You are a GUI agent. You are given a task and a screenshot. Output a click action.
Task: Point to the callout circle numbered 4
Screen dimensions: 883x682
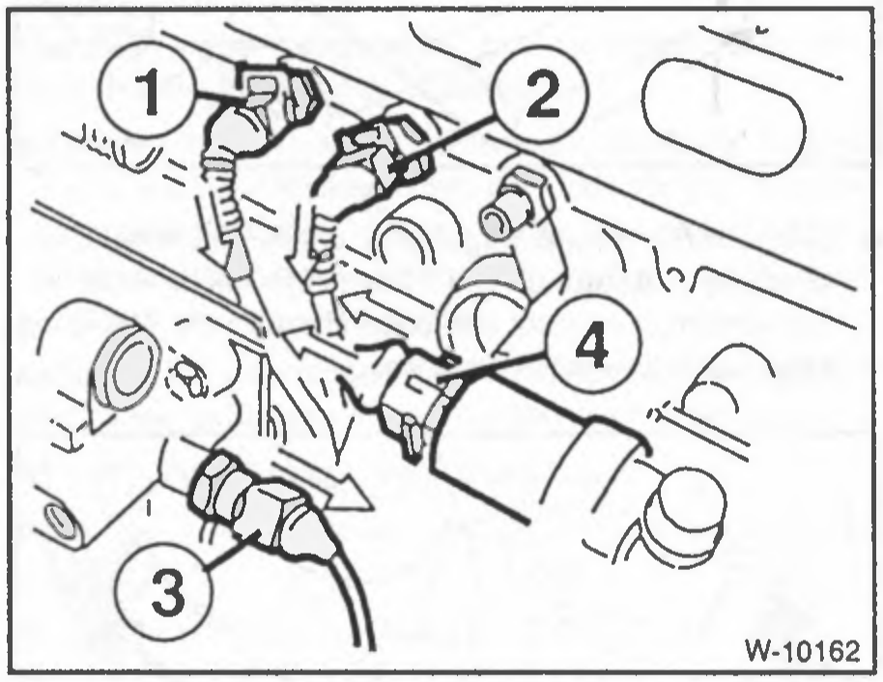(593, 343)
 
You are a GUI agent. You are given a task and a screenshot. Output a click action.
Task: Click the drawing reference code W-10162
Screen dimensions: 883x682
(804, 652)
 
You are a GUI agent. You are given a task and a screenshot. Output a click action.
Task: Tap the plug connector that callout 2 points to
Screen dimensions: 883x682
(383, 152)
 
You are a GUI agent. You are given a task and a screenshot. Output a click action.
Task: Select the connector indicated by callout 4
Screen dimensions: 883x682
(416, 394)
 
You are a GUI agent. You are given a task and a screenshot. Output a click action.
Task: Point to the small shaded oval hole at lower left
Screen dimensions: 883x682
(60, 521)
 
